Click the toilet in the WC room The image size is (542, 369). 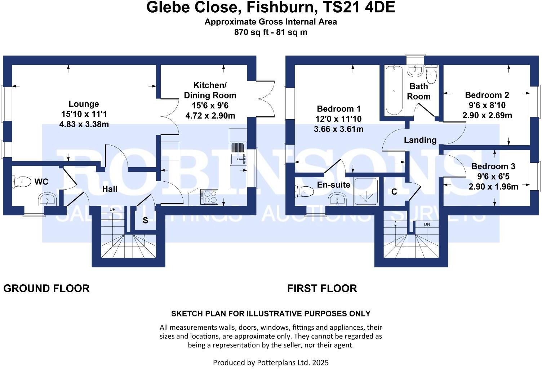click(x=22, y=181)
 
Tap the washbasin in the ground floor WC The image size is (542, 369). click(x=47, y=199)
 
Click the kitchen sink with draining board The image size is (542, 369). click(x=238, y=153)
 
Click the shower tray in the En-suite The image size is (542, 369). click(x=366, y=192)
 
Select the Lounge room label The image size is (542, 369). click(x=84, y=104)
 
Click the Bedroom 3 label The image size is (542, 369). click(x=493, y=166)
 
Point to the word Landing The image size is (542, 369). click(x=420, y=140)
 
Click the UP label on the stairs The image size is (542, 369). click(x=112, y=209)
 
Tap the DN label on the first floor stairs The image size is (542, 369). click(x=427, y=224)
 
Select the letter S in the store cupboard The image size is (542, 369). click(x=145, y=221)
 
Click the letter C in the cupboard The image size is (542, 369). click(x=394, y=192)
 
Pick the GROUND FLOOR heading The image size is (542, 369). click(x=46, y=288)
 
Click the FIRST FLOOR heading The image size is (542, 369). click(x=322, y=288)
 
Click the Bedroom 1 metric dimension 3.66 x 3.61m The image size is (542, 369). click(x=338, y=129)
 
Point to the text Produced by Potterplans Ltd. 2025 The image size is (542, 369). click(x=271, y=362)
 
